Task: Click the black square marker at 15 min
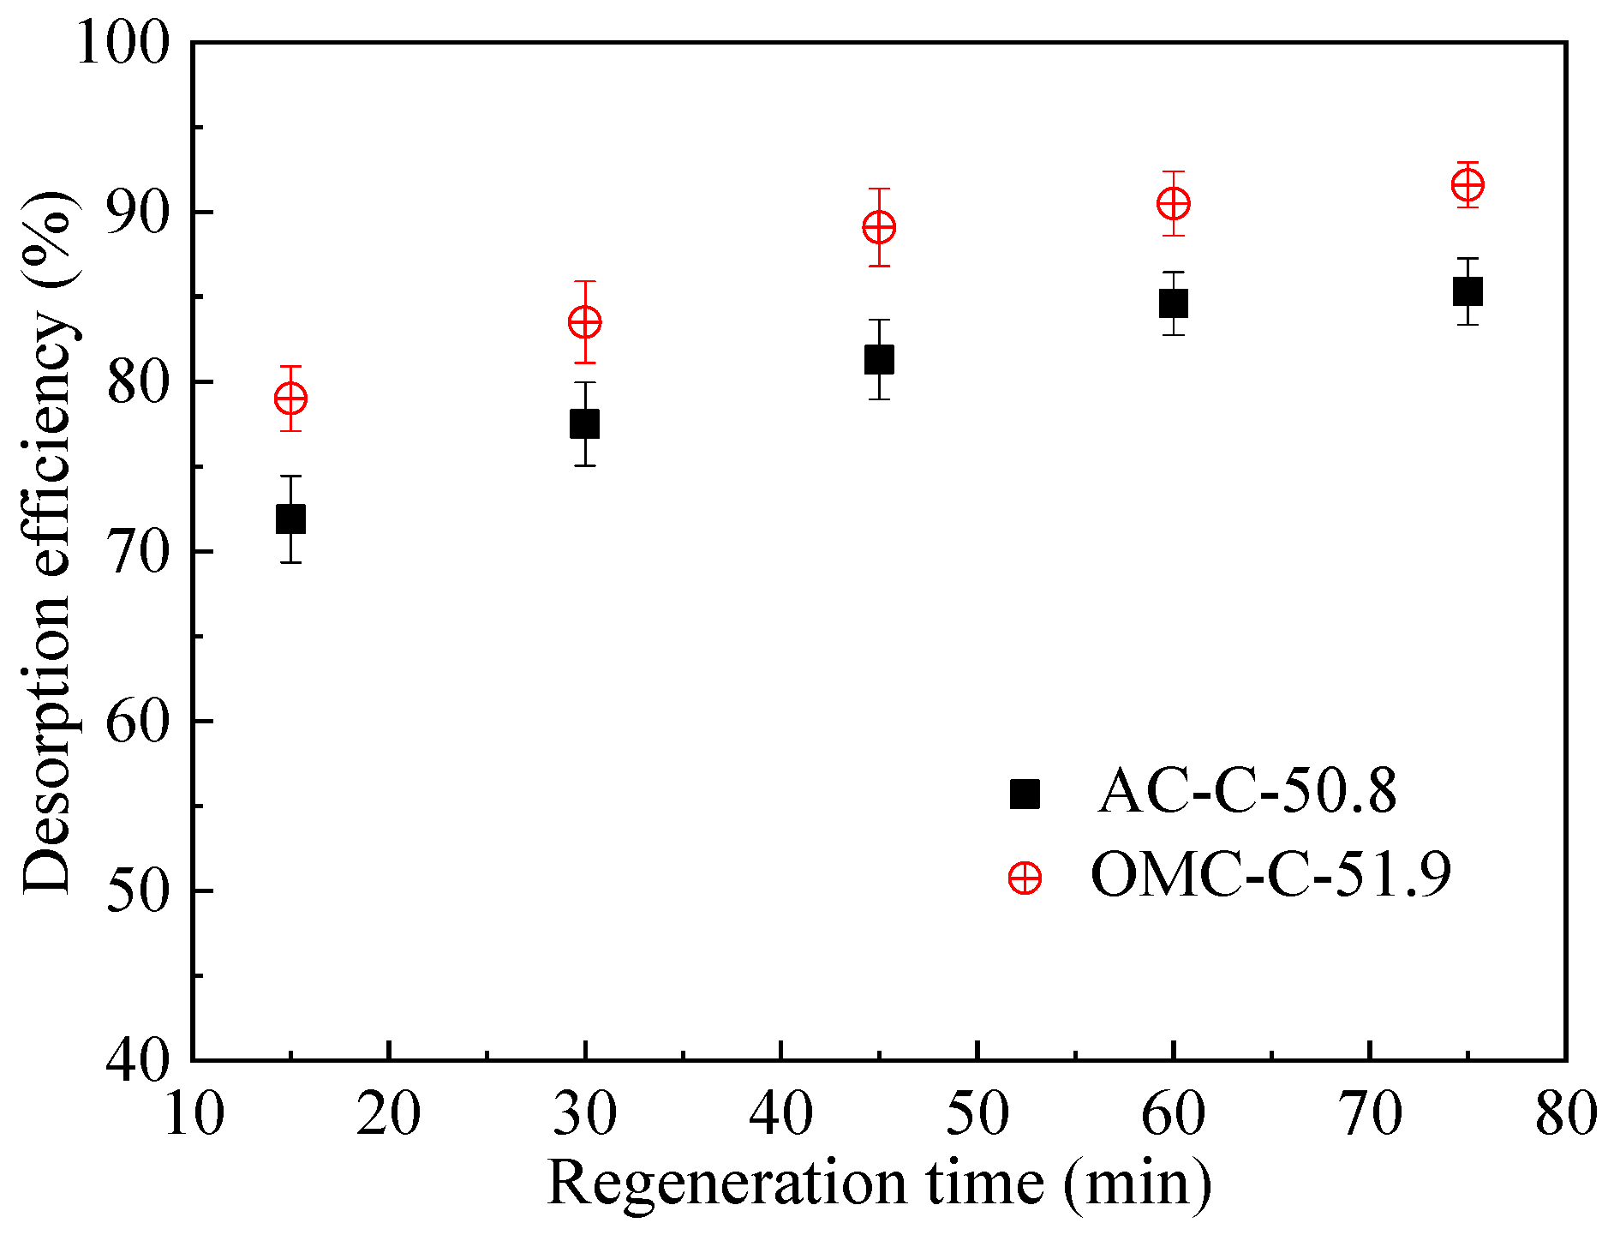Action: tap(290, 519)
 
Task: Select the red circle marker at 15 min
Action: tap(290, 399)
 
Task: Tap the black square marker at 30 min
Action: tap(584, 423)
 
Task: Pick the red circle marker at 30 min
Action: tap(584, 322)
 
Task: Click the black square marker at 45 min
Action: tap(879, 359)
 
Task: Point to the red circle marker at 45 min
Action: tap(879, 228)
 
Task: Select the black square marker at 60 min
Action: tap(1173, 303)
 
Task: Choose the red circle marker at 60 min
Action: tap(1173, 204)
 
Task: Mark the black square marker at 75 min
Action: tap(1468, 291)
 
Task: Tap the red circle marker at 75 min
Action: tap(1468, 184)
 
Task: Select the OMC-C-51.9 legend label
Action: tap(1271, 875)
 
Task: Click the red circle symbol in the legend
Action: tap(1025, 878)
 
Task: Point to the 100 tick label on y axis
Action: tap(123, 43)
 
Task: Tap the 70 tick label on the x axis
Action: tap(1370, 1114)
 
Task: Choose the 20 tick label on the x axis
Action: tap(388, 1114)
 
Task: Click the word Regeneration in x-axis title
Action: tap(726, 1184)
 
